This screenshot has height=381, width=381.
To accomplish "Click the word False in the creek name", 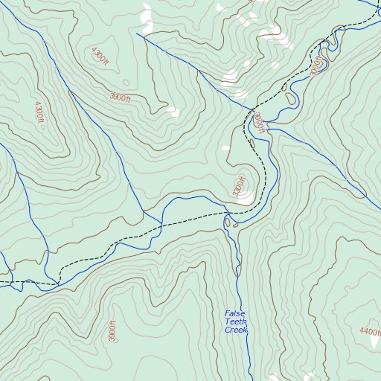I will (235, 313).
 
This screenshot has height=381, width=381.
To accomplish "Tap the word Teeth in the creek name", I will (237, 321).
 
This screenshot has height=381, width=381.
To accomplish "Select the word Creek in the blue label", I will (235, 330).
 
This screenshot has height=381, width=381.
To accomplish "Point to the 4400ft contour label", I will (369, 332).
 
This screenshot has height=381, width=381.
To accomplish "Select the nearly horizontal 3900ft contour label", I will (120, 97).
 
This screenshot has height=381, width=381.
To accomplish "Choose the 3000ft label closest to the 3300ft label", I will (258, 123).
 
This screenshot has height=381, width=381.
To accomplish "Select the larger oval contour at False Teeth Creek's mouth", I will (228, 222).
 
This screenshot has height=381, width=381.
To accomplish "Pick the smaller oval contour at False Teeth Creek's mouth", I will (236, 225).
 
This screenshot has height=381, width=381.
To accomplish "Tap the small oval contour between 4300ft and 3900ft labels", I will (125, 83).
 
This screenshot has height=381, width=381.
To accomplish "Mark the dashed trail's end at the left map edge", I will (1, 284).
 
